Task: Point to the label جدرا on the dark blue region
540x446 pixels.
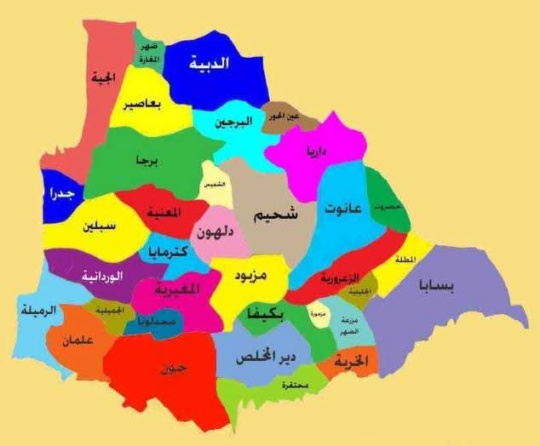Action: (x=60, y=194)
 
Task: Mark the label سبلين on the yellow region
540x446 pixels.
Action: (x=100, y=227)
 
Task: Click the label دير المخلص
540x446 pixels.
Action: (x=268, y=357)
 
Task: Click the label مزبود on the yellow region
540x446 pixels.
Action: (x=250, y=277)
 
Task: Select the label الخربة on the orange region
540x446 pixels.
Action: (x=350, y=361)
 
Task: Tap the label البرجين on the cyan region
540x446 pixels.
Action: (x=233, y=122)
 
